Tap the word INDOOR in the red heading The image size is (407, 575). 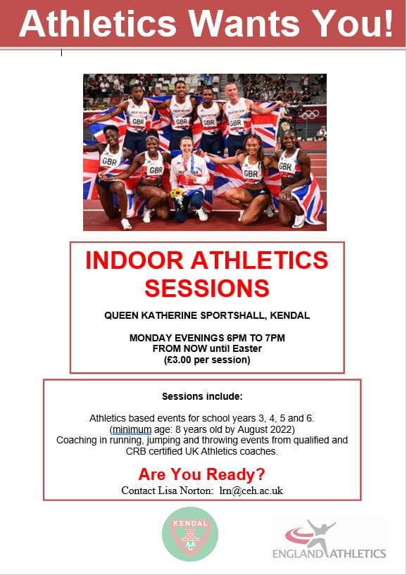pos(134,260)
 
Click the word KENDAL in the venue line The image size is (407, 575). pos(290,315)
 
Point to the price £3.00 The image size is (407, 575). pos(179,360)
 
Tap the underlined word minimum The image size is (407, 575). pos(132,429)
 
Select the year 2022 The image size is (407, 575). pos(282,429)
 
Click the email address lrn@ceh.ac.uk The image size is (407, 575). pos(251,491)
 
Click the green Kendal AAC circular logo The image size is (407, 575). pos(190,534)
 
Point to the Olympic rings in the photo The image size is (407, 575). pos(309,115)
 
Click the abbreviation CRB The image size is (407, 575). pos(134,451)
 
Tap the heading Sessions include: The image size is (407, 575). pos(202,396)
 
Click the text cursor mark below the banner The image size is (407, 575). pos(62,53)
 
